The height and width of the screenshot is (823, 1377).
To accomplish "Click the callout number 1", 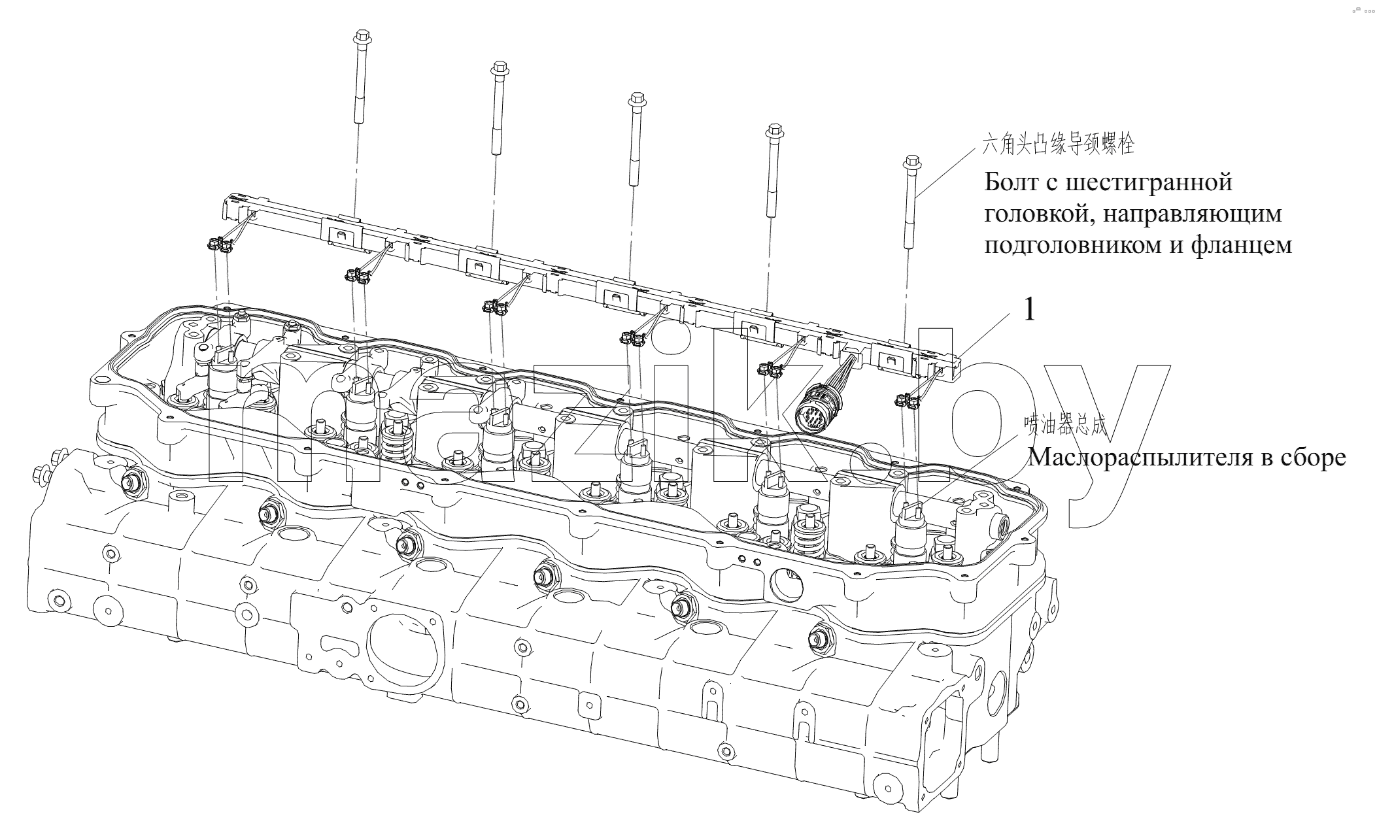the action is [x=1030, y=310].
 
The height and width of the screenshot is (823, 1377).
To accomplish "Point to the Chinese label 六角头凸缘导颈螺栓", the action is [x=1058, y=144].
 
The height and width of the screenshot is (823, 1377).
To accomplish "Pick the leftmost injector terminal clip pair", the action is [x=220, y=244].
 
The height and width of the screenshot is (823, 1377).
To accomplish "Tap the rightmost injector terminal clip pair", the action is [x=909, y=397].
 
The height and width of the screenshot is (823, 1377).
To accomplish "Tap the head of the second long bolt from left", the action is [x=499, y=68].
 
